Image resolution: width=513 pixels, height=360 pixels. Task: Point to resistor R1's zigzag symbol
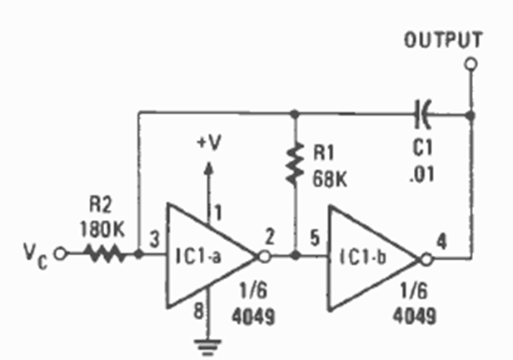pyautogui.click(x=294, y=164)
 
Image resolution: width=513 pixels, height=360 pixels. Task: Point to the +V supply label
pyautogui.click(x=209, y=142)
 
